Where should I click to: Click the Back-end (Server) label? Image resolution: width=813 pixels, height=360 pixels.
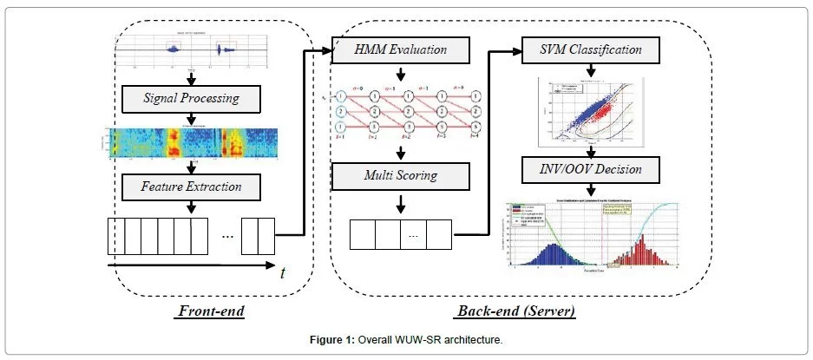tap(518, 310)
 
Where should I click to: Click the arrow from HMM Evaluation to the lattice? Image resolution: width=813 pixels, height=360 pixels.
tap(400, 73)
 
